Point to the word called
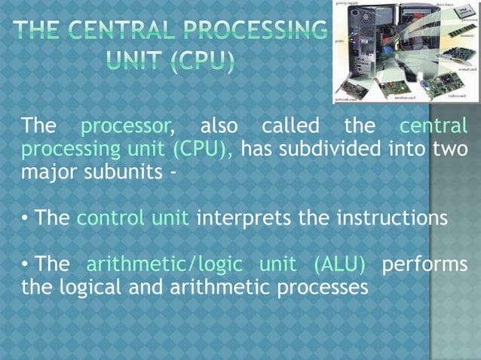290,125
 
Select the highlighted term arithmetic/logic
164,265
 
